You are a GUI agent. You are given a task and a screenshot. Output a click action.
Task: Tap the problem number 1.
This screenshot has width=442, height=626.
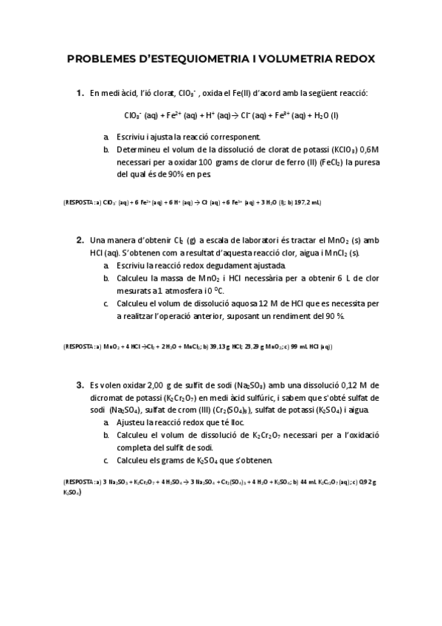(x=80, y=93)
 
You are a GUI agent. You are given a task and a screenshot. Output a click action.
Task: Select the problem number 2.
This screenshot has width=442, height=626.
(x=80, y=240)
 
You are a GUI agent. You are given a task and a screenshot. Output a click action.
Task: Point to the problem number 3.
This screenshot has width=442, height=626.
(x=80, y=385)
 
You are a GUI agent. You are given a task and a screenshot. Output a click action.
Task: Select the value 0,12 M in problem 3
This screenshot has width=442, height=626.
(x=361, y=385)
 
